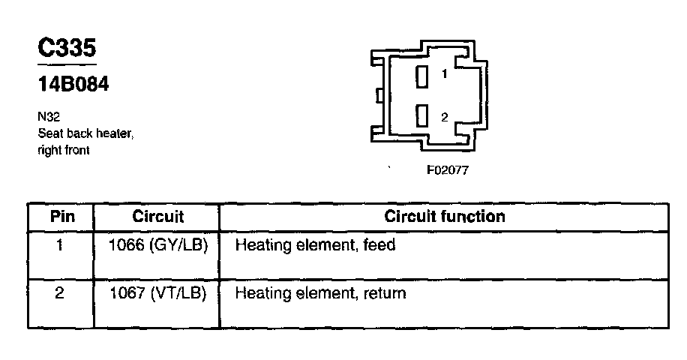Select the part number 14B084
(x=73, y=84)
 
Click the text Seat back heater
(x=85, y=134)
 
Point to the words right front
(x=64, y=150)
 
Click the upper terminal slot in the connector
(x=423, y=75)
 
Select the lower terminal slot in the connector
(x=423, y=116)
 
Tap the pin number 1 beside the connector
(x=445, y=74)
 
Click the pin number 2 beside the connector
(x=445, y=117)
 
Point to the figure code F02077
(x=448, y=170)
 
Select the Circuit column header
(x=157, y=217)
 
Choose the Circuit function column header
(x=444, y=217)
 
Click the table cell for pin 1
(x=59, y=245)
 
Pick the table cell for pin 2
(x=59, y=292)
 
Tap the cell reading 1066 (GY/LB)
(x=157, y=245)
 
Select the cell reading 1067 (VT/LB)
(x=157, y=292)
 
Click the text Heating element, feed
(x=315, y=245)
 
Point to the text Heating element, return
(x=320, y=292)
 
